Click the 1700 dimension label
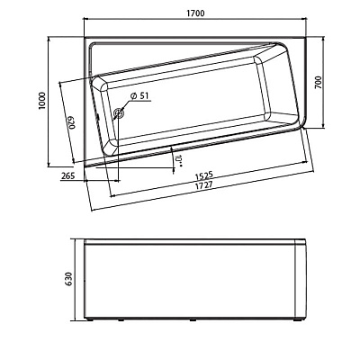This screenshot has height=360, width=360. [x=195, y=13]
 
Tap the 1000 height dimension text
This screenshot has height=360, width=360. [x=41, y=101]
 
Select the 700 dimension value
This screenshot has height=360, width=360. [x=319, y=82]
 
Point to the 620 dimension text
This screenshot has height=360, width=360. [x=71, y=122]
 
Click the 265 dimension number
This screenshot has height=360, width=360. [x=68, y=176]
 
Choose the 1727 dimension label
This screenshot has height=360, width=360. [x=203, y=185]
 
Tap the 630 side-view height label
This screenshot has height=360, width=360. [x=68, y=279]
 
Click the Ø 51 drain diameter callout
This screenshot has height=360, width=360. [x=139, y=96]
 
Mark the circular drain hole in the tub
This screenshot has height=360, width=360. [x=119, y=113]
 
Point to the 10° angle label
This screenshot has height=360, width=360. [x=179, y=160]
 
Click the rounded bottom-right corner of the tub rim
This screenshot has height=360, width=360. [x=301, y=124]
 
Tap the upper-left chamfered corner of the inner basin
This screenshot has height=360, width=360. [x=99, y=83]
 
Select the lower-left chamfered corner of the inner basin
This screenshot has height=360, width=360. [x=111, y=148]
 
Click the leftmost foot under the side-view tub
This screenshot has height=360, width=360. [x=90, y=319]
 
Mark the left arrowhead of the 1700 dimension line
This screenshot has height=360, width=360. [x=86, y=19]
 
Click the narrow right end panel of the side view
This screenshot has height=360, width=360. [x=301, y=279]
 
